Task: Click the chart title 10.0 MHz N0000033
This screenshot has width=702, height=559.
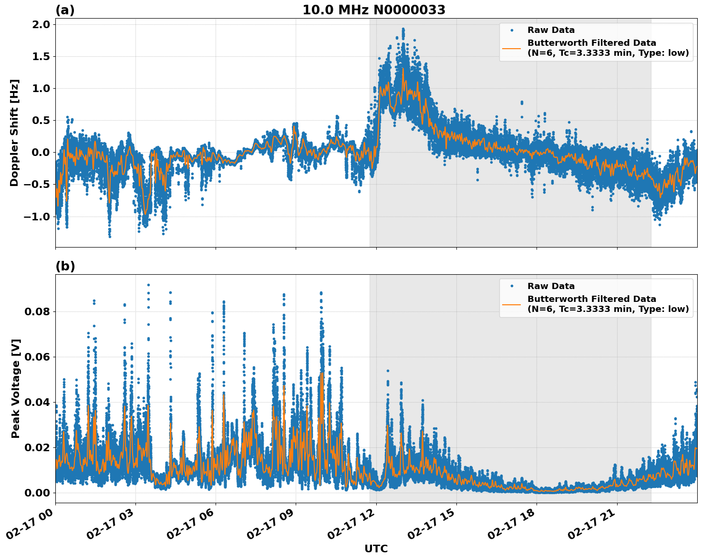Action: tap(374, 10)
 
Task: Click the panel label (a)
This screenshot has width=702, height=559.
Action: tap(65, 10)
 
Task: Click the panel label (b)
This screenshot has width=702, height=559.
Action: tap(65, 266)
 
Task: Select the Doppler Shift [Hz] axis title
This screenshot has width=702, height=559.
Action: tap(14, 133)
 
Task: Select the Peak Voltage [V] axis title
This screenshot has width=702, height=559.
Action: tap(16, 388)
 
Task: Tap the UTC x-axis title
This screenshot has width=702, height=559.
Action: tap(376, 549)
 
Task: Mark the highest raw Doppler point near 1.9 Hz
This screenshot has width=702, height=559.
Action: tap(403, 29)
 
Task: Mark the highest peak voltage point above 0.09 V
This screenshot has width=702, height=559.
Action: tap(148, 285)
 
